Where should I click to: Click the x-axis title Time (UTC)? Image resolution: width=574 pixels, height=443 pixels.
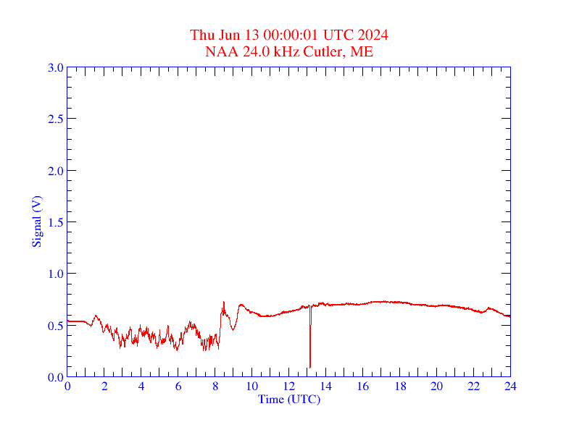click(288, 399)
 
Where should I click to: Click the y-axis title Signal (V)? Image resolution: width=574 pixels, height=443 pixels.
click(36, 221)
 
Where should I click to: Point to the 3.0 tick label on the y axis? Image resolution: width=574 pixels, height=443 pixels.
click(55, 67)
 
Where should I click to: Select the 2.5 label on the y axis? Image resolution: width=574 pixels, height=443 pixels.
click(55, 119)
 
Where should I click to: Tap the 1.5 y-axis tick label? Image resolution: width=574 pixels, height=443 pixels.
click(55, 222)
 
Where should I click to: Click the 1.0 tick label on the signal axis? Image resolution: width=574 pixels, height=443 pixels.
click(55, 274)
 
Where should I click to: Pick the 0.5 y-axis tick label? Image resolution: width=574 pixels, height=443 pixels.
click(55, 326)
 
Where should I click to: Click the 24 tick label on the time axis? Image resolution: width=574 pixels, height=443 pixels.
click(510, 387)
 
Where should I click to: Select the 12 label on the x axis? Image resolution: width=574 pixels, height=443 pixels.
click(288, 387)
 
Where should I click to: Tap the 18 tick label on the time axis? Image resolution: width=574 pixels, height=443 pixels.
click(399, 387)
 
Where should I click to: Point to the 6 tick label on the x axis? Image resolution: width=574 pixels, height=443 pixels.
click(178, 387)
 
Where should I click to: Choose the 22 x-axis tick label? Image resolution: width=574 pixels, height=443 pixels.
click(473, 387)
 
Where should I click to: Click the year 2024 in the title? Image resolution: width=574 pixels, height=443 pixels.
click(373, 35)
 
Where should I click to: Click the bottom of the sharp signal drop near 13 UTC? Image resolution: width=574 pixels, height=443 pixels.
click(310, 367)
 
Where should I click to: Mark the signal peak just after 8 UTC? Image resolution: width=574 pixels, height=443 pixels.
click(223, 302)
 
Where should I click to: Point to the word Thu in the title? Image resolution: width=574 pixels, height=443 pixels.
click(202, 35)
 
